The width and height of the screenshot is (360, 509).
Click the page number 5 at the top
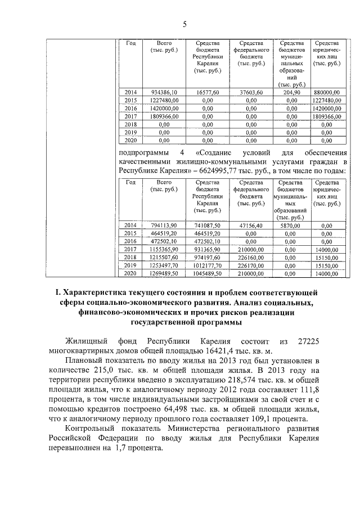184,23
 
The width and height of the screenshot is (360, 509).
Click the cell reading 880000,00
326,92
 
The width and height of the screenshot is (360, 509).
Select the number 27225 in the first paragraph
308,341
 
